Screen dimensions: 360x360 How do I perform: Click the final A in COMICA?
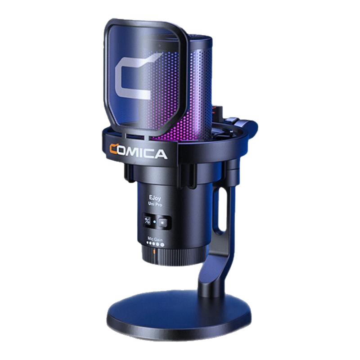pyautogui.click(x=160, y=154)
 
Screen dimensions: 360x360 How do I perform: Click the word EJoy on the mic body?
pyautogui.click(x=155, y=198)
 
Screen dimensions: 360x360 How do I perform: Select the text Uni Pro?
pyautogui.click(x=155, y=204)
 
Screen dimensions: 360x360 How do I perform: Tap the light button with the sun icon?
pyautogui.click(x=163, y=223)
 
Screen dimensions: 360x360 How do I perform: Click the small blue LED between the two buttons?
pyautogui.click(x=154, y=222)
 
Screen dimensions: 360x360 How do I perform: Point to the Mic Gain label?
pyautogui.click(x=155, y=239)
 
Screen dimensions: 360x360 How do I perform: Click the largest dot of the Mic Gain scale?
pyautogui.click(x=162, y=245)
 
